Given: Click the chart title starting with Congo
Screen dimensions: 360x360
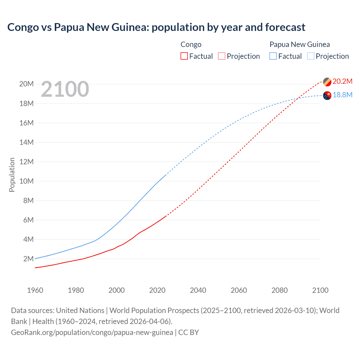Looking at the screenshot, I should [156, 27].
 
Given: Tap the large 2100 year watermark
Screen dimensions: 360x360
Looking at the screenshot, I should [65, 89].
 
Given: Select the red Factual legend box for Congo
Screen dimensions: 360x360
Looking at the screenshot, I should [184, 56].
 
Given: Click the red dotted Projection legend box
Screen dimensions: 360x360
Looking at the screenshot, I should [222, 56].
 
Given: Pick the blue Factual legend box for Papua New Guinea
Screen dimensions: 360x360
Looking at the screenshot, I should [273, 56].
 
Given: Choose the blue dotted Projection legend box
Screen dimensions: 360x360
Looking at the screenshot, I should [311, 56].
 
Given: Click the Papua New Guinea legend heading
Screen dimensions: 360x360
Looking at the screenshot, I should [300, 44].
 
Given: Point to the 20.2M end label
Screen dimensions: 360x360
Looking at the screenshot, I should [342, 81].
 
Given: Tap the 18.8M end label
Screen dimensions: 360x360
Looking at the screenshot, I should [342, 95].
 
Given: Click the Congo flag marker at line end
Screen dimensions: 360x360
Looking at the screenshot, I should [327, 82].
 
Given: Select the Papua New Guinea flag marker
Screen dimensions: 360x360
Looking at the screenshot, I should [327, 96].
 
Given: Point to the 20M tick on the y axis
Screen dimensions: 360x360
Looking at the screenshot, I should [26, 84].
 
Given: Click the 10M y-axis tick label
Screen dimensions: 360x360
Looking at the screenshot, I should [26, 181].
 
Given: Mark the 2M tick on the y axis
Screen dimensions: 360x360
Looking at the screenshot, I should [28, 259].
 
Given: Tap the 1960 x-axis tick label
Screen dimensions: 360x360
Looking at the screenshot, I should [35, 290].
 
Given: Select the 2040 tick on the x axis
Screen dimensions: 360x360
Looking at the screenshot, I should [198, 290].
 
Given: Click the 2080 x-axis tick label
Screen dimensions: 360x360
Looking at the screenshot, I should [280, 290].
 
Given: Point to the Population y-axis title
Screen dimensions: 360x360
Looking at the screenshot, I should [12, 175].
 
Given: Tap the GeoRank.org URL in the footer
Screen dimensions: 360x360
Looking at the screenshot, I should [92, 332].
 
